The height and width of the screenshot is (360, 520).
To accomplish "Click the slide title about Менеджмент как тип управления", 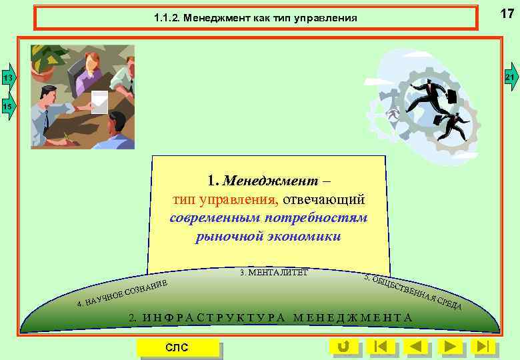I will pos(256,18).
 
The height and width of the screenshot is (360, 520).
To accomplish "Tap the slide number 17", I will pos(507,13).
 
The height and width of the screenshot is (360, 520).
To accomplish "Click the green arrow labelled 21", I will pos(511,78).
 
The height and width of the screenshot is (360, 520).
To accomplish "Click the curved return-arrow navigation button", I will pos(343,346).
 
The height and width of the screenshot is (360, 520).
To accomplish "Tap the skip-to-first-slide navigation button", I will pos(381,346).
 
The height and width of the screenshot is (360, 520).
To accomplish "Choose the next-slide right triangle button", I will pos(450,346).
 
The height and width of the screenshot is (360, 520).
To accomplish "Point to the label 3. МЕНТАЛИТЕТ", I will pos(273,272).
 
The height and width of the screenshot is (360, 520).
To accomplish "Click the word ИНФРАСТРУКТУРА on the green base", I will pos(215,317).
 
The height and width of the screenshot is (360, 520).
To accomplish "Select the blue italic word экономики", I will pos(306,237).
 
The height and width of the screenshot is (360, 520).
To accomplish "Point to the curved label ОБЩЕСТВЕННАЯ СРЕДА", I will pos(413,291).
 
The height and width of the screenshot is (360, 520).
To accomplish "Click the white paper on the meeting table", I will pos(100,101).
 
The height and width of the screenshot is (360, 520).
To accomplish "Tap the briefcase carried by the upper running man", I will pos(451,95).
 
